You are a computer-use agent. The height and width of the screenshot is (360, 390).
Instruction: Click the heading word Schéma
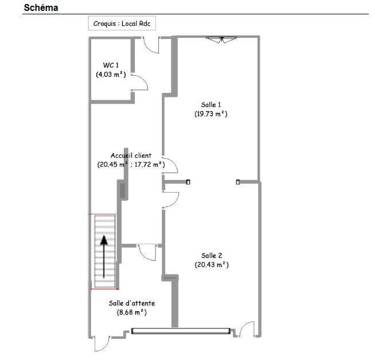pos(41,8)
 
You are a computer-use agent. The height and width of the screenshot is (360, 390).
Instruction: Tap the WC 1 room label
pos(111,65)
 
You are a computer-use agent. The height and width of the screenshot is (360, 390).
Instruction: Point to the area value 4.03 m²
pos(111,74)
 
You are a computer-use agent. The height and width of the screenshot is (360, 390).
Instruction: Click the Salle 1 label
pos(211,104)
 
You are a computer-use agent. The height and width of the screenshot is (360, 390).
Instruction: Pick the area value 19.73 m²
pos(211,114)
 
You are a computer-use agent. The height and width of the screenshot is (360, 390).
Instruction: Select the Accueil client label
pos(131,155)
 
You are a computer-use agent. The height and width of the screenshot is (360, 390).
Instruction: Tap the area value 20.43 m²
pos(212,264)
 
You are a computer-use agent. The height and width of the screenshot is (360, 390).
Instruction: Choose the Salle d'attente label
pos(132,303)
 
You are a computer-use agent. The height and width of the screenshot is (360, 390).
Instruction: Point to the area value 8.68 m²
pos(132,312)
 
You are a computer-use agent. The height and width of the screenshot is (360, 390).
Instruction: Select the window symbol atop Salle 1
pos(221,39)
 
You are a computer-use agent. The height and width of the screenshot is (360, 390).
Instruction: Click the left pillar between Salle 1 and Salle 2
pos(188,182)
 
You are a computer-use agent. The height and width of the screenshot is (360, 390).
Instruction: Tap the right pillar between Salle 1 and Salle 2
pos(237,182)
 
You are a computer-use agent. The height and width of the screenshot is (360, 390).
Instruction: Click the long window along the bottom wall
pos(181,331)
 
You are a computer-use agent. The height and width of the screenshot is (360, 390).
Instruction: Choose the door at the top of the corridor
pos(151,45)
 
